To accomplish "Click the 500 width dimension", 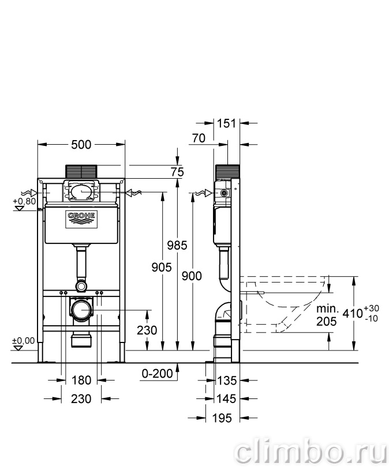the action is point(81,145).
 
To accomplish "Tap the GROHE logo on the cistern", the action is point(81,220).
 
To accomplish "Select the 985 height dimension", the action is point(177,245).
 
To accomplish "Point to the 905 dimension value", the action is point(162,268).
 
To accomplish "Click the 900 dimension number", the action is point(192,276).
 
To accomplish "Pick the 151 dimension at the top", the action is point(227,123).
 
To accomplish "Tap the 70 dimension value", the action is point(199,138).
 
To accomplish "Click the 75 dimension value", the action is point(177,172).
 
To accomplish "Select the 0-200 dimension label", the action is point(157,374).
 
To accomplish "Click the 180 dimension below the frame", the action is point(81,381).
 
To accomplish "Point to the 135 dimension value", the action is point(227,381).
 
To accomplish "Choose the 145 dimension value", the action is point(227,399).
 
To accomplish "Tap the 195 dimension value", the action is point(222,418).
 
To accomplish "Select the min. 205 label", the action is point(327,315).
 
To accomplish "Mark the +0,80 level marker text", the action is point(24,201).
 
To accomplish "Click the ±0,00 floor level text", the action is point(23,340).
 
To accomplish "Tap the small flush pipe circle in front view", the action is point(81,286).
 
